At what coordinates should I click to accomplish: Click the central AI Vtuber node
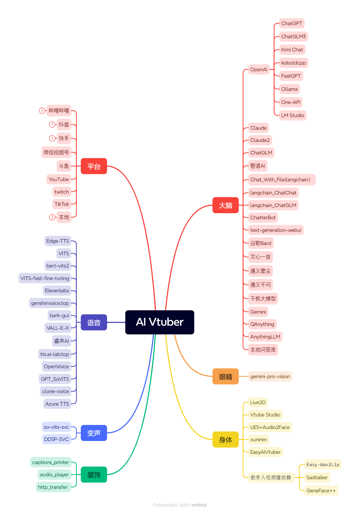(x=159, y=322)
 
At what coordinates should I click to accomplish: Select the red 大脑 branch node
(x=225, y=205)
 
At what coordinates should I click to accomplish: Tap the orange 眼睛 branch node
(x=225, y=376)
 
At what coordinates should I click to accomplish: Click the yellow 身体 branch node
(x=225, y=440)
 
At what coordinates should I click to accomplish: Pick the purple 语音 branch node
(x=94, y=322)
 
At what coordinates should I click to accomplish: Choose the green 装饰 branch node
(x=94, y=475)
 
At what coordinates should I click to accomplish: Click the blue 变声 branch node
(x=94, y=433)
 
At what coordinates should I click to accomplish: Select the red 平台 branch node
(x=94, y=166)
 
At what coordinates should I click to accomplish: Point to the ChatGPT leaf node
(x=291, y=23)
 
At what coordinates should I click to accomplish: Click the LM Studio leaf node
(x=292, y=115)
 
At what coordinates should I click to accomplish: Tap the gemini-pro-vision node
(x=270, y=376)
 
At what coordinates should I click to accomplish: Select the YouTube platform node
(x=59, y=179)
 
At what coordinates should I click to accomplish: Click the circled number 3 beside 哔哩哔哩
(x=42, y=110)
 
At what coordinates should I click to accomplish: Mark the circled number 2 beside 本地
(x=52, y=217)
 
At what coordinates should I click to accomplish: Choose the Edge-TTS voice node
(x=58, y=241)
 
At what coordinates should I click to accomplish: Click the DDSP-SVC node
(x=56, y=439)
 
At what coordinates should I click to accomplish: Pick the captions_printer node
(x=51, y=462)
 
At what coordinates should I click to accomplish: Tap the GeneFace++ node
(x=321, y=491)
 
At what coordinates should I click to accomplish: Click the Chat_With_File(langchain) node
(x=280, y=180)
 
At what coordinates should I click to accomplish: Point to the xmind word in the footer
(x=199, y=505)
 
